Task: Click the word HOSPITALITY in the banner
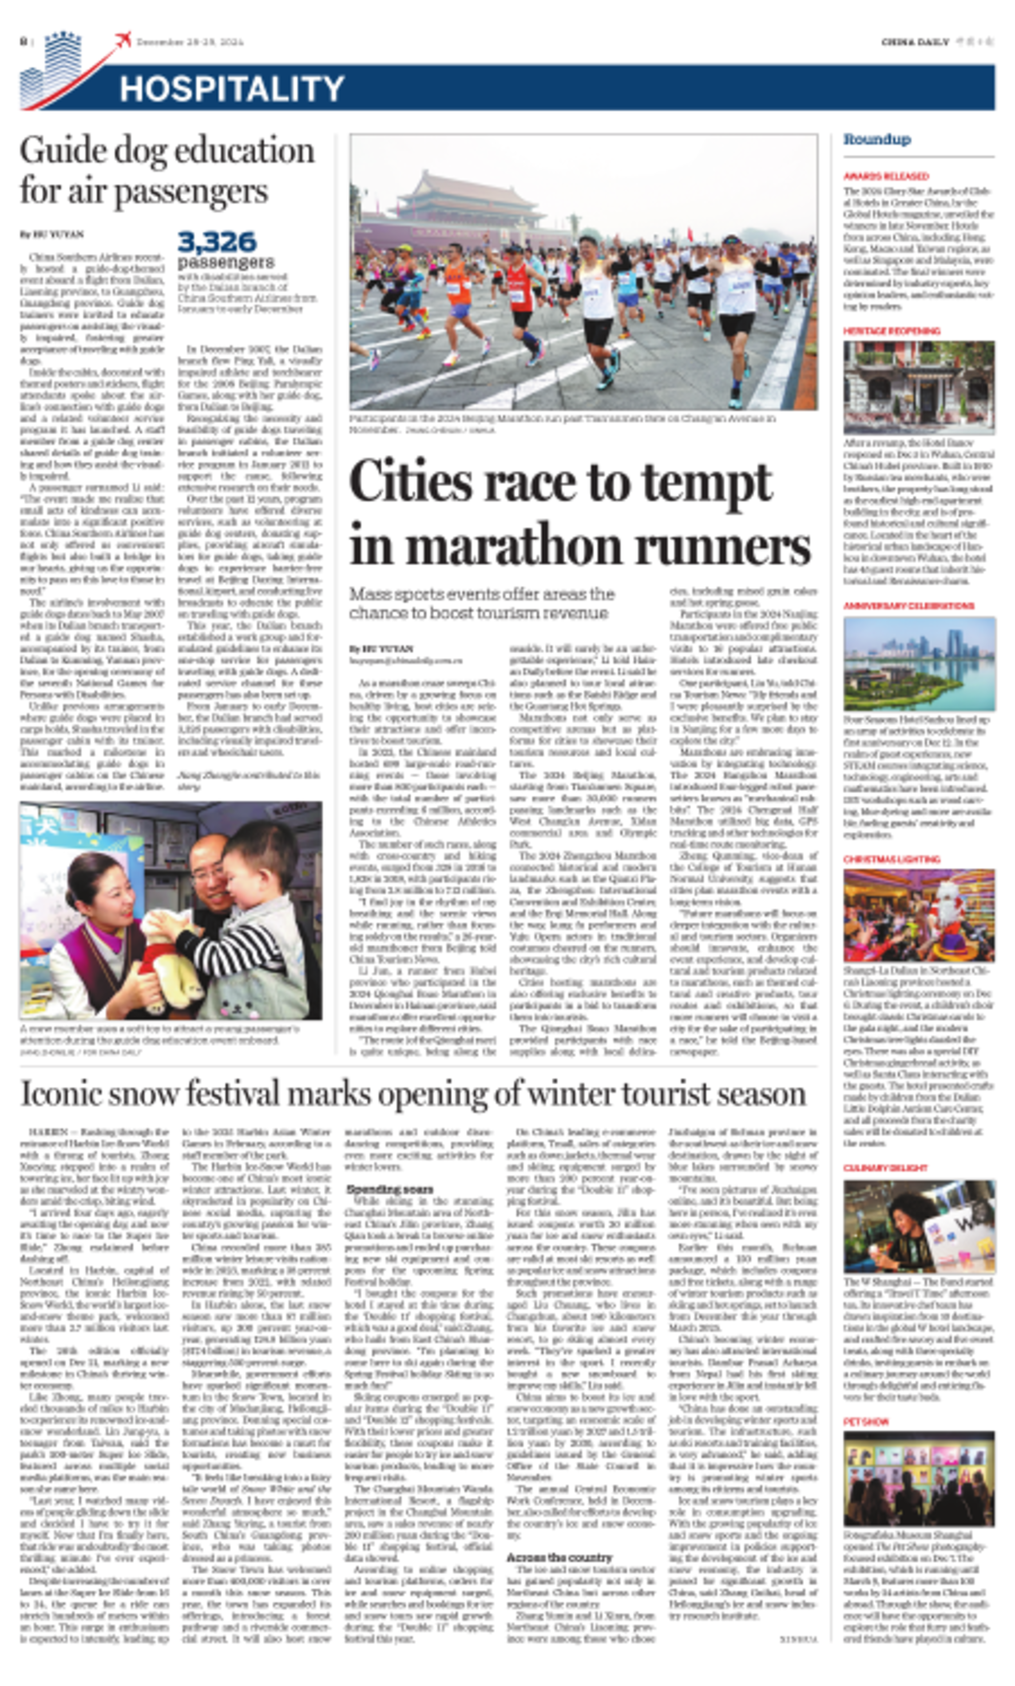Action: [231, 89]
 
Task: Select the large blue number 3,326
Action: [217, 242]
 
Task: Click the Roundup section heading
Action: [877, 140]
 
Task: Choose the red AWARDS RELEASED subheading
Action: [886, 176]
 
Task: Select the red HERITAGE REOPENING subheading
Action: [891, 331]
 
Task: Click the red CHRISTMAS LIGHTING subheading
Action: [891, 859]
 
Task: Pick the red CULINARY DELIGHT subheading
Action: [885, 1168]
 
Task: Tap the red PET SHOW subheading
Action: [866, 1422]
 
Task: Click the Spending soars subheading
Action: [389, 1189]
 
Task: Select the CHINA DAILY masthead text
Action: [915, 42]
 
